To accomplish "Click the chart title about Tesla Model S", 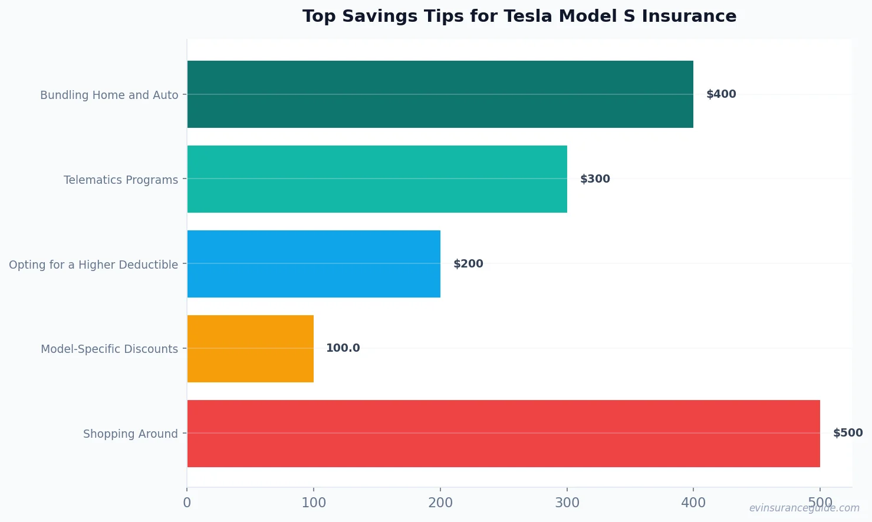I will point(519,16).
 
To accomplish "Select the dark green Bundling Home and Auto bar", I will point(440,94).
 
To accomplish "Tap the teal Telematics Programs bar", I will point(377,179).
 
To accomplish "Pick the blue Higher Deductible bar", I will point(314,264).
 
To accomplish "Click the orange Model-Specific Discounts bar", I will point(250,349).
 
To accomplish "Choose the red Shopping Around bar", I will point(503,434).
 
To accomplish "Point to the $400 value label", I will point(720,94).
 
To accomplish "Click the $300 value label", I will point(594,179).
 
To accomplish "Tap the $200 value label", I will point(468,264).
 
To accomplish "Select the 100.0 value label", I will point(343,348).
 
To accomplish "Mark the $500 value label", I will point(847,433).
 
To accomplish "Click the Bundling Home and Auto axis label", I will point(109,95).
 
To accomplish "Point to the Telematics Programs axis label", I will point(121,180).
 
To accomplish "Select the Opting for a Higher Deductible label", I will point(93,265).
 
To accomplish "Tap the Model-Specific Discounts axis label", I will point(109,349).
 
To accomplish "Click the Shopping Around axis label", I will point(130,434).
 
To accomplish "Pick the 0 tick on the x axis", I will point(187,503).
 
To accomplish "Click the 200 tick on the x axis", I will point(440,503).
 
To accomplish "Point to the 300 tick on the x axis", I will point(567,503).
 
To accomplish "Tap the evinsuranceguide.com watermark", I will point(804,508).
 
